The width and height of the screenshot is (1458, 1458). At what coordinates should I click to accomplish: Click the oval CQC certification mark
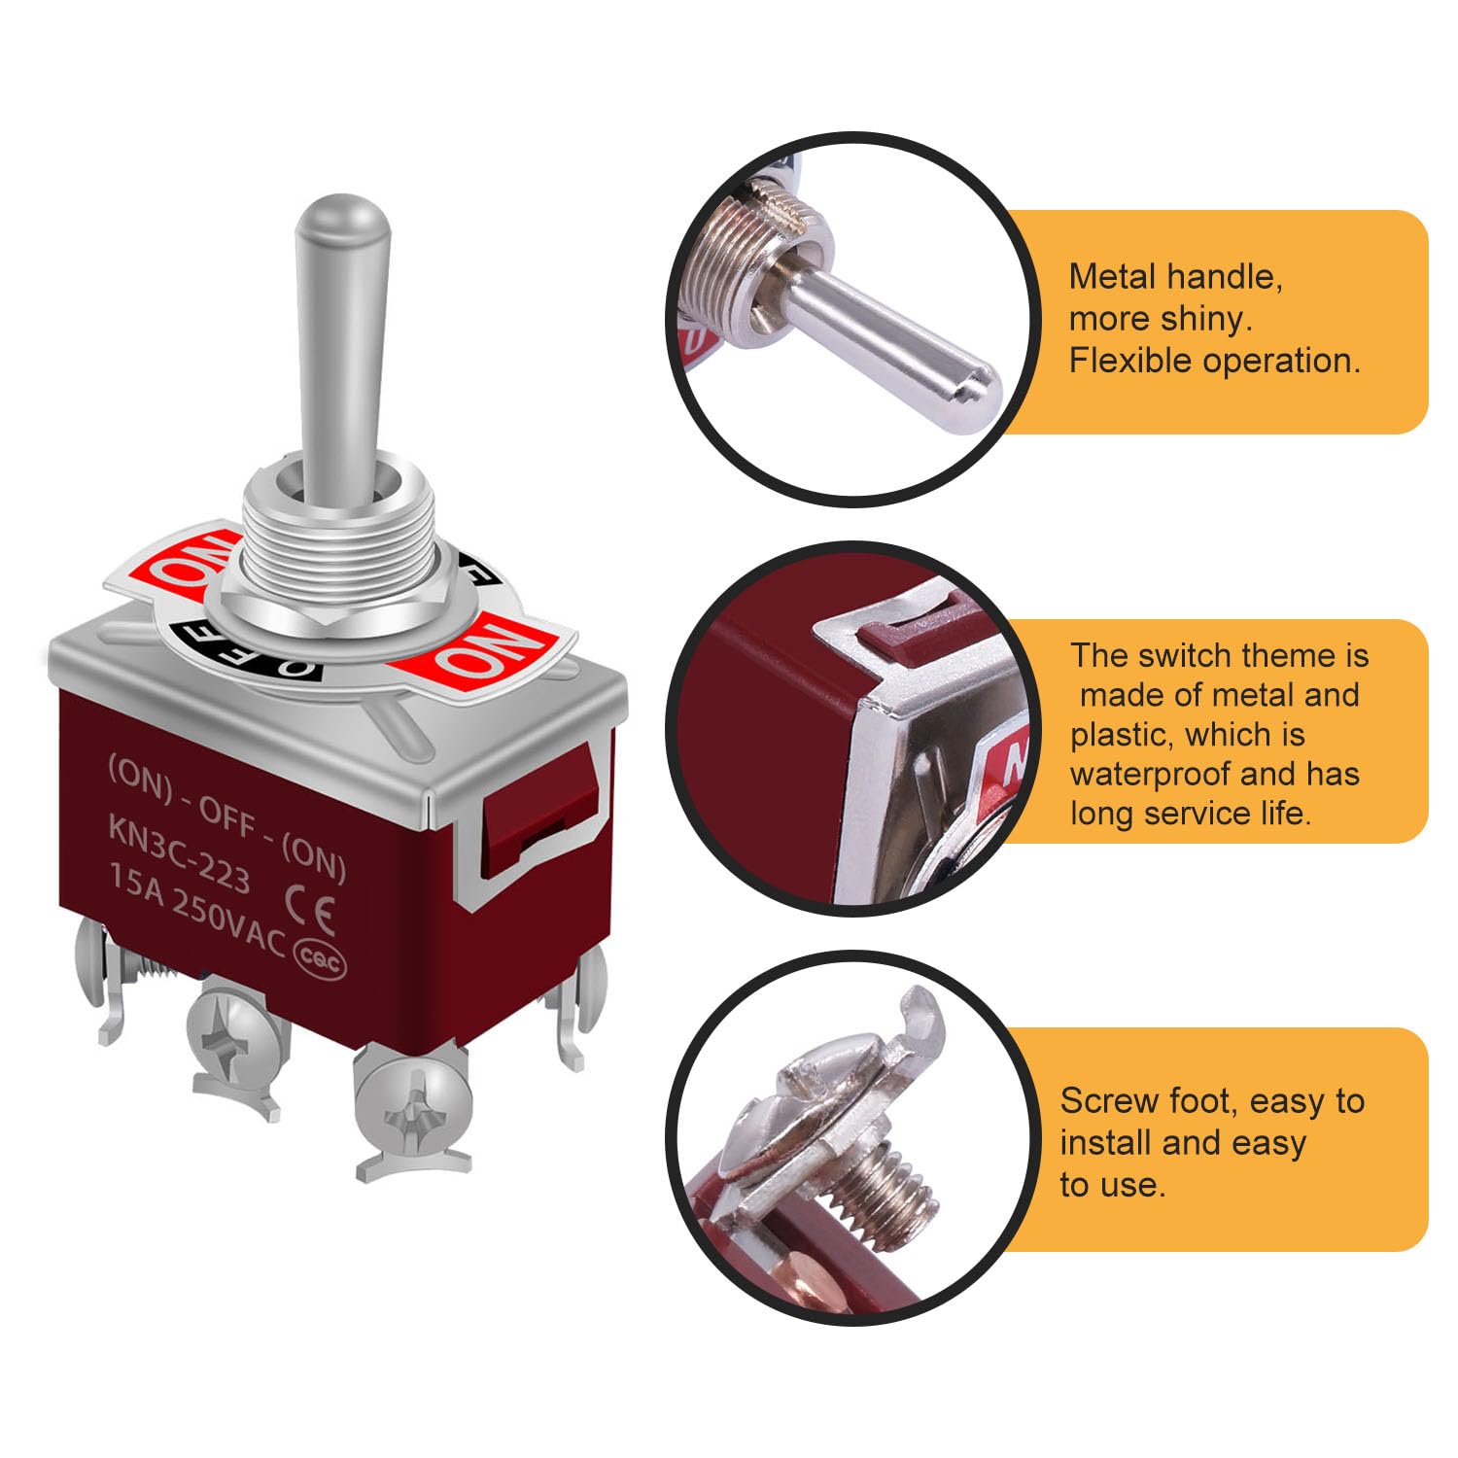(x=320, y=960)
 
